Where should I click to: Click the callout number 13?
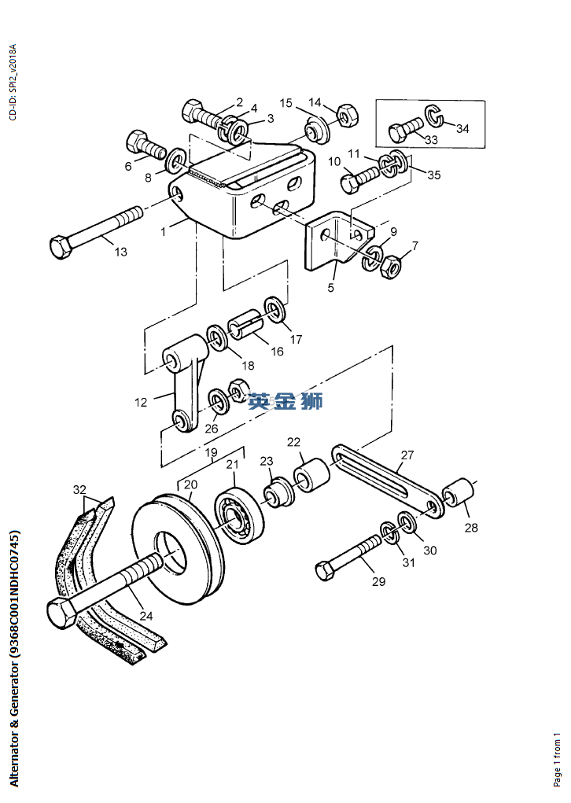[121, 252]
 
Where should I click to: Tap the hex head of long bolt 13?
[61, 248]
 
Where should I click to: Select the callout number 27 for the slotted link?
[407, 455]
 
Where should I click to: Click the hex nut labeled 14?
[348, 116]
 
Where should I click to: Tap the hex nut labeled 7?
[390, 267]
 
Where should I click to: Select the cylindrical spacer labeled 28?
[459, 492]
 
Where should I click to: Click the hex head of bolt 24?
[62, 611]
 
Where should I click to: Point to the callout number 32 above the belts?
[79, 489]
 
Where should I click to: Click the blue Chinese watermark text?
[285, 401]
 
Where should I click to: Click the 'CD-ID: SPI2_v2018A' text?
[13, 82]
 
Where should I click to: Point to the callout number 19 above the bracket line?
[211, 452]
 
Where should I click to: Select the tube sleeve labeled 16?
[247, 325]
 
